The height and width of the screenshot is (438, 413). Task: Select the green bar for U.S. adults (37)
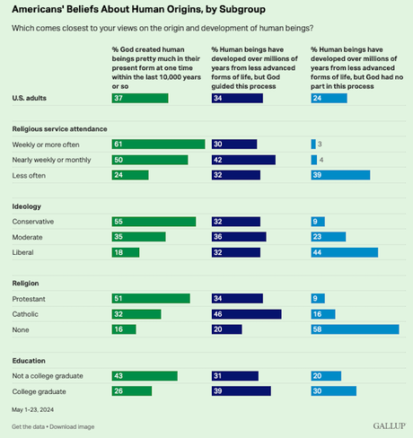134,97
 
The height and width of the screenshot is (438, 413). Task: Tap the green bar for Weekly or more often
153,144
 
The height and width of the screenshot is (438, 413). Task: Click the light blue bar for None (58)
355,329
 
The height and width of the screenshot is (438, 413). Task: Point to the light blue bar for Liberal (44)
344,252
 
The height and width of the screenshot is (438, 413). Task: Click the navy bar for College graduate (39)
241,390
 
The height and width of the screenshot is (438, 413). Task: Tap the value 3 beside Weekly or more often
321,144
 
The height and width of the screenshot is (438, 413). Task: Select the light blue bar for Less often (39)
339,175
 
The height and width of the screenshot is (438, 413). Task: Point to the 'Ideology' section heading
26,206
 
